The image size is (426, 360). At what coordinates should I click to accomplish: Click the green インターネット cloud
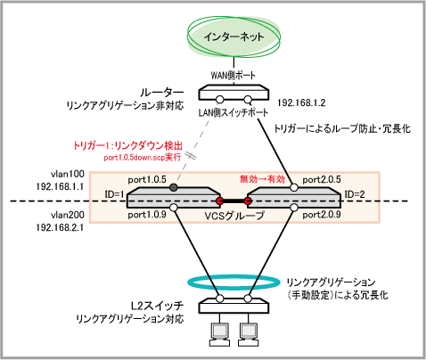click(233, 37)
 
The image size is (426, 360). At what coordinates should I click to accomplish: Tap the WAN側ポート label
click(233, 75)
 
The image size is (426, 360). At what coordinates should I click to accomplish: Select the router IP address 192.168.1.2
click(301, 102)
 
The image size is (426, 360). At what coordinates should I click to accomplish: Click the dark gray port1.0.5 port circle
click(174, 187)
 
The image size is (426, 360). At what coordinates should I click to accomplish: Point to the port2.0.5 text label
click(322, 179)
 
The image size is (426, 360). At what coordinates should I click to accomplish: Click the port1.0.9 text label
click(147, 215)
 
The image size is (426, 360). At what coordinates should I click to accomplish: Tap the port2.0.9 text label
click(322, 215)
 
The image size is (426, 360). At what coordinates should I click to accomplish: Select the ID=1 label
click(114, 194)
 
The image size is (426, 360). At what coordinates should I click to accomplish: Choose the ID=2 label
click(355, 194)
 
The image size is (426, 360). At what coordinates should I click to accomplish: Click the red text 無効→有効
click(262, 179)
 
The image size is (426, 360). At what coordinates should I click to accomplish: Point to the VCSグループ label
click(234, 216)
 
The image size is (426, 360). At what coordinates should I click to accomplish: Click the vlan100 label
click(68, 174)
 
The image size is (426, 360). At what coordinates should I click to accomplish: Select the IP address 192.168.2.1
click(60, 227)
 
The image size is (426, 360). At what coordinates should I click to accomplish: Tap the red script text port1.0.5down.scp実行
click(143, 157)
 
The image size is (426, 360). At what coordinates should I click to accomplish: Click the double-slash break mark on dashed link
click(191, 156)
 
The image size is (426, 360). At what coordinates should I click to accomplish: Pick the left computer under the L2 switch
click(220, 334)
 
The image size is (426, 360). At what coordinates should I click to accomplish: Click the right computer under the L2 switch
click(250, 334)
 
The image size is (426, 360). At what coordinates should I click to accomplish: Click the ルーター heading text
click(162, 93)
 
